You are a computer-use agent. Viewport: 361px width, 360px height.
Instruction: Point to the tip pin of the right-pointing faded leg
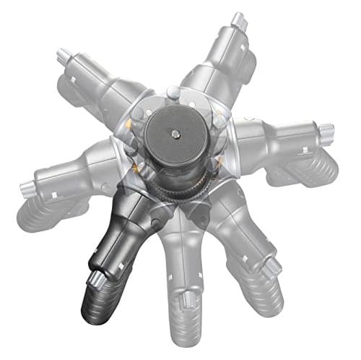[x=327, y=132]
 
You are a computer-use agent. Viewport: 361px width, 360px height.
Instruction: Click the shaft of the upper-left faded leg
[x=101, y=87]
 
